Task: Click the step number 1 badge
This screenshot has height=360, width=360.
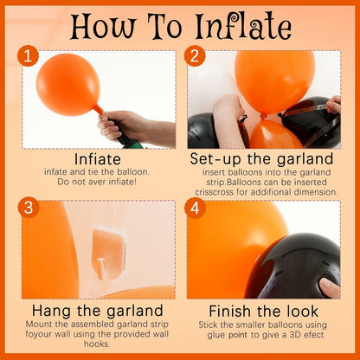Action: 28,55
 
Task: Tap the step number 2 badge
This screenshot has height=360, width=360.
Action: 195,55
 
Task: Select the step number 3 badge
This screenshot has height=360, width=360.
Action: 29,208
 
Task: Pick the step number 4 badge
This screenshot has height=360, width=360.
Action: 195,208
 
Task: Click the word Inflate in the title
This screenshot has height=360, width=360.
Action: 243,27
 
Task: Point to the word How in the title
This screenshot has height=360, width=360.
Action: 103,28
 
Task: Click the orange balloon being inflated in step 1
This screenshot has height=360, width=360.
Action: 68,85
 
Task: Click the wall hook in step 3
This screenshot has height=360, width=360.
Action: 109,254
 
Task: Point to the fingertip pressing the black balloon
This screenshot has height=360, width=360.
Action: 329,287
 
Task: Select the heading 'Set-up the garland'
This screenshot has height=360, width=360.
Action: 261,158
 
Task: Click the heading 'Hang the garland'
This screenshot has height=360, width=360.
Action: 98,311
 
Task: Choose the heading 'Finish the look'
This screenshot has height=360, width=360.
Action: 263,311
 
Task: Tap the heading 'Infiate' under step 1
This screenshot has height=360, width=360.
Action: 98,159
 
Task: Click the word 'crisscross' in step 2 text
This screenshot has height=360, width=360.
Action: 214,192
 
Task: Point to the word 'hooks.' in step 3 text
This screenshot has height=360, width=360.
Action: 97,344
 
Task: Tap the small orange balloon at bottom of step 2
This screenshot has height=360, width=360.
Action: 274,135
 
